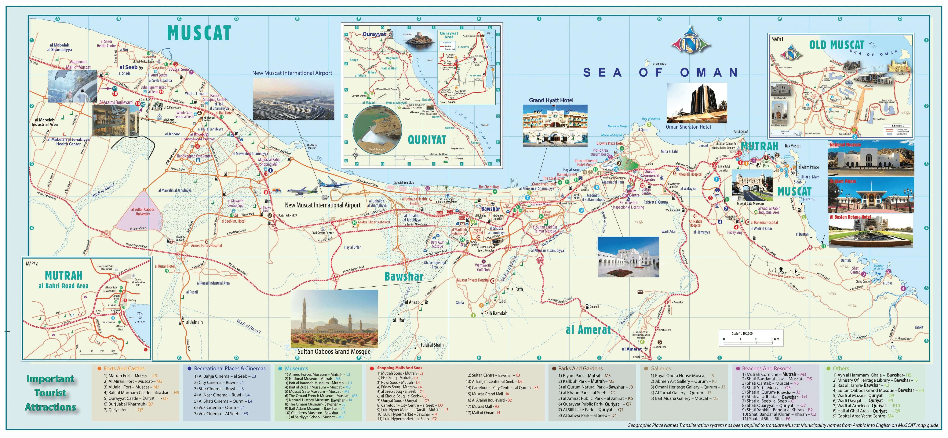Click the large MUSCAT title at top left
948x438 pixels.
coord(199,33)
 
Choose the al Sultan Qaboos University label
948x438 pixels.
coord(143,212)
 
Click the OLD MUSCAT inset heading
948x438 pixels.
coord(837,45)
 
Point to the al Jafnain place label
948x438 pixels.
coord(194,322)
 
